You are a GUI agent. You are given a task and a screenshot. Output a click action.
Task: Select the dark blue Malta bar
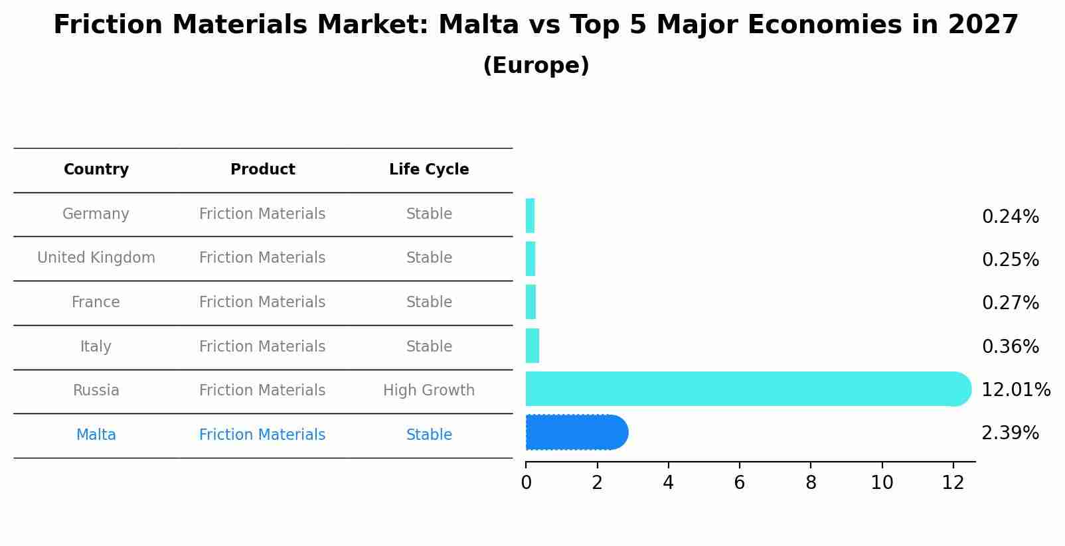[x=575, y=433]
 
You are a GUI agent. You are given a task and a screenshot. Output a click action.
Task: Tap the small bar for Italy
[x=532, y=346]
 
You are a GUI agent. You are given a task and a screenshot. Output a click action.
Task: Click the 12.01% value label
[x=1015, y=390]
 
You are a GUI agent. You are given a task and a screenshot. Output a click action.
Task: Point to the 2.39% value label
[x=1009, y=433]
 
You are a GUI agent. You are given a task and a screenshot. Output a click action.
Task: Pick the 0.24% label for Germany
[x=1009, y=217]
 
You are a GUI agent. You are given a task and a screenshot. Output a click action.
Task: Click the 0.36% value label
[x=1009, y=347]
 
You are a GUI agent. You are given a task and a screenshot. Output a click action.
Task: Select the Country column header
[x=96, y=170]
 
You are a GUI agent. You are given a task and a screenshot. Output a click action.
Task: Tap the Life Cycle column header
[x=429, y=170]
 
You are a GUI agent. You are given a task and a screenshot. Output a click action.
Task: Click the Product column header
[x=262, y=170]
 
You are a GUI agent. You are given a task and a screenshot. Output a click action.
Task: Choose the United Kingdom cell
[x=96, y=258]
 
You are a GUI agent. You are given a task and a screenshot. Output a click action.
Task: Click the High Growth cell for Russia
[x=429, y=391]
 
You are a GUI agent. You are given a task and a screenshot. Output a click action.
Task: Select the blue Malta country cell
[x=96, y=435]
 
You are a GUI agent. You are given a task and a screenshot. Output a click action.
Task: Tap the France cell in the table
[x=96, y=303]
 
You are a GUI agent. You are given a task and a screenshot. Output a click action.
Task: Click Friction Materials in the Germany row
[x=262, y=214]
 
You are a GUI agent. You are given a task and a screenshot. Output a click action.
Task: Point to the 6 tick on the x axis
[x=739, y=483]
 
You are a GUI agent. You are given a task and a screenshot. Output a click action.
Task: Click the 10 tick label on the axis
[x=882, y=483]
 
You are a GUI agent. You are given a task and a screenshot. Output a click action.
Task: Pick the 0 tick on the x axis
[x=526, y=483]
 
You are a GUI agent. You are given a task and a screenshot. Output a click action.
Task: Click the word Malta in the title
[x=478, y=25]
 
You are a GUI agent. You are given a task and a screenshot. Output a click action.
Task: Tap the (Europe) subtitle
[x=536, y=66]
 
